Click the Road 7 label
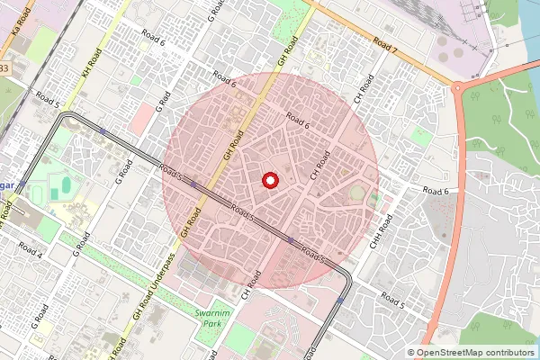[385, 45]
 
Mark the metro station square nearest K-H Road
[103, 132]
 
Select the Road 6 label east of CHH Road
[434, 191]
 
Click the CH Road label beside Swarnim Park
[251, 287]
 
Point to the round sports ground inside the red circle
[358, 193]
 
